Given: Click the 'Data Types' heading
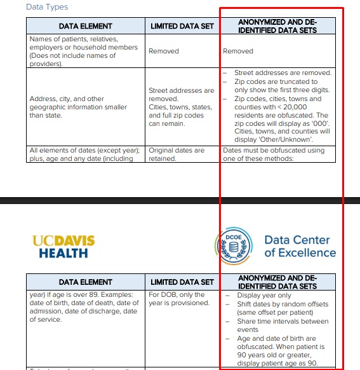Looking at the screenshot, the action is pyautogui.click(x=46, y=7).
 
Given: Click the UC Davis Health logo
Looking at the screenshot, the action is pyautogui.click(x=63, y=247).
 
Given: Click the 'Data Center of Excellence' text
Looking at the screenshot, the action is pyautogui.click(x=300, y=247).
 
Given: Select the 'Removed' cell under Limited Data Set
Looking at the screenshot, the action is pyautogui.click(x=164, y=51).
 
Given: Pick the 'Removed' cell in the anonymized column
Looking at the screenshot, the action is pyautogui.click(x=238, y=51).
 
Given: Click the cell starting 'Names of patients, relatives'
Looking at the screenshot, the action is pyautogui.click(x=83, y=51).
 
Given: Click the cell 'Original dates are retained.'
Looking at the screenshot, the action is pyautogui.click(x=177, y=154).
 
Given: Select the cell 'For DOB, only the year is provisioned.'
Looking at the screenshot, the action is pyautogui.click(x=177, y=299).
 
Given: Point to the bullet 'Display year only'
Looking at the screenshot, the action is pyautogui.click(x=264, y=295).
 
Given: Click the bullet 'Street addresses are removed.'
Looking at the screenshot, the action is pyautogui.click(x=283, y=73).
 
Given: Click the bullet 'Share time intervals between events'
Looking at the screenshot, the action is pyautogui.click(x=283, y=325).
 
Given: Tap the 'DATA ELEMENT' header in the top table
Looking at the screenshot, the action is pyautogui.click(x=85, y=26).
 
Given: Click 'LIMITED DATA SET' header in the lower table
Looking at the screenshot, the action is pyautogui.click(x=182, y=282).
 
